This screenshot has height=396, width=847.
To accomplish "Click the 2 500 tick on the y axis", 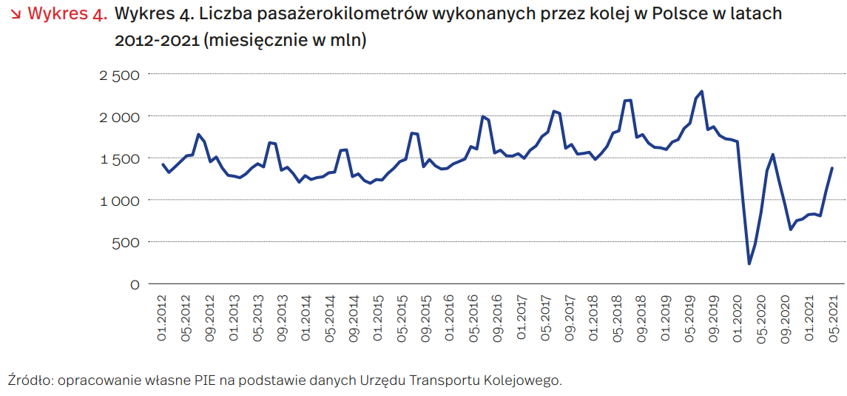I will point(119,75).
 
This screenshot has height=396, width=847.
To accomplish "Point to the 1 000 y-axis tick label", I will point(119,201).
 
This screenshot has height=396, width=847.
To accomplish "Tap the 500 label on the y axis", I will point(126,242).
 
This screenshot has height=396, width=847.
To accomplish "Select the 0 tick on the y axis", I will point(135,284).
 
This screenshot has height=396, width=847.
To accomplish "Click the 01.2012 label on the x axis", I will point(162,318).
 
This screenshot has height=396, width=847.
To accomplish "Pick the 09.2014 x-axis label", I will point(354,318).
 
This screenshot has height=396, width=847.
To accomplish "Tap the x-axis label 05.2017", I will point(545,318).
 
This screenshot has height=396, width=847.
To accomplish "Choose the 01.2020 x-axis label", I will point(737,318).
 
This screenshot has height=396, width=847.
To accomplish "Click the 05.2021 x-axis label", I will point(832,318).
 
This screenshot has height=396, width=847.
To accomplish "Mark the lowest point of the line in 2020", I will point(749,264).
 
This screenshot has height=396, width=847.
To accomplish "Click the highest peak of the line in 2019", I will point(701,92).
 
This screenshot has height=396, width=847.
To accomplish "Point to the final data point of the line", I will point(832,168).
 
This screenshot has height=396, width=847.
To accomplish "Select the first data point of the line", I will point(163,164).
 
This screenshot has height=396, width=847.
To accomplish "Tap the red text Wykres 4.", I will point(67,14).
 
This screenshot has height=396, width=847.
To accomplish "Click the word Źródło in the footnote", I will point(27,380).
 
